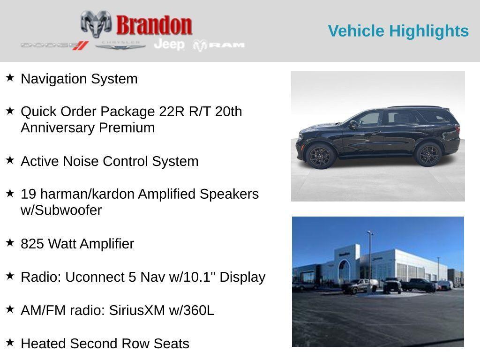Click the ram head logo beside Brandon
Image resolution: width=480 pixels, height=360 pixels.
96,24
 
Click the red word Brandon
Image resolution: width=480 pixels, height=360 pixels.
154,25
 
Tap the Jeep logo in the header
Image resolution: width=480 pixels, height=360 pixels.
169,45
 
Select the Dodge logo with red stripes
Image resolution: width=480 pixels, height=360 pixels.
55,45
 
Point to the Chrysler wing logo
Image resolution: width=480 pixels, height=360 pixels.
120,45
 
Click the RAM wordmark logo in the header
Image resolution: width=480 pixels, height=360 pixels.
219,45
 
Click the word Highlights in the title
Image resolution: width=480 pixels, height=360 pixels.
429,31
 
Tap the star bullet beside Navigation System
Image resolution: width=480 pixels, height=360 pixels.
10,77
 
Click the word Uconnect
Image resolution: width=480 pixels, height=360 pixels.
95,277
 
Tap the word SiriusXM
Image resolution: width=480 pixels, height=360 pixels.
137,310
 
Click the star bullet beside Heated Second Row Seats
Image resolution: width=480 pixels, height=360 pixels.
10,342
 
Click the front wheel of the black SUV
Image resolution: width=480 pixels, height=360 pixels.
321,156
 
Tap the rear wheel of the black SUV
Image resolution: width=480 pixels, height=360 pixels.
428,154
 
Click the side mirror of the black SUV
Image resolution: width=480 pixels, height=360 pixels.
353,124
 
